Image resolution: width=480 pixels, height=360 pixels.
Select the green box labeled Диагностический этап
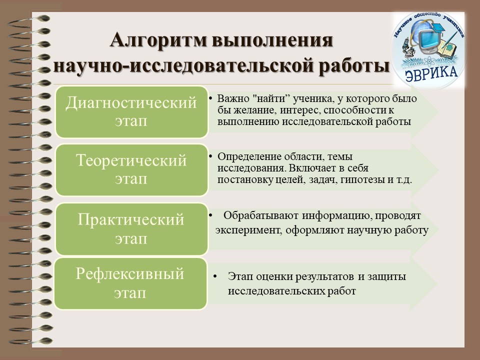click(131, 112)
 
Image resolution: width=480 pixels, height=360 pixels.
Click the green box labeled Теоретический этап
click(131, 170)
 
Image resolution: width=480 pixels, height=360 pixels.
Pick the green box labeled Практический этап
click(131, 229)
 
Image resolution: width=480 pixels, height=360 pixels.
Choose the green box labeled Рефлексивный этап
click(130, 283)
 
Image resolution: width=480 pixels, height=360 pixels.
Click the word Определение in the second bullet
click(249, 156)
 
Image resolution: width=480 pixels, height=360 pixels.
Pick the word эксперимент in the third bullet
click(249, 230)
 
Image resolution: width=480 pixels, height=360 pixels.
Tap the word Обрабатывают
click(261, 215)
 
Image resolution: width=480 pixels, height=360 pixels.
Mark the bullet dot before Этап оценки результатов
click(215, 276)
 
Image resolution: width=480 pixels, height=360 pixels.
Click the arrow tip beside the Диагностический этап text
click(438, 112)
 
